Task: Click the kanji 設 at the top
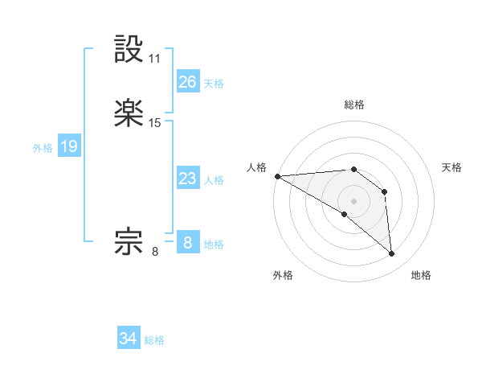coord(129,50)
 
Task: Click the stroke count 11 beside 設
coord(155,59)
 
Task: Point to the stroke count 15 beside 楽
coord(155,123)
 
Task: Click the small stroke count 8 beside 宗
coord(155,251)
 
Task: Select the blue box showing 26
coord(188,82)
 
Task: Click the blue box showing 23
coord(188,179)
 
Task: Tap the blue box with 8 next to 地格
coord(188,243)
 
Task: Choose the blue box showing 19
coord(69,146)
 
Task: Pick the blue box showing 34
coord(129,339)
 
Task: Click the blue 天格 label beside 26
coord(214,84)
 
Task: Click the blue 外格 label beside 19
coord(43,148)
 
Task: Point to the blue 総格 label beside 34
coord(154,340)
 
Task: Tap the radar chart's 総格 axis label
coord(353,105)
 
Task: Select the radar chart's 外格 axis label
coord(283,275)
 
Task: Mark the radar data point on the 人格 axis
coord(277,176)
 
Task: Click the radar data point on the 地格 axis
coord(392,254)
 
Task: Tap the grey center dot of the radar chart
coord(353,201)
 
